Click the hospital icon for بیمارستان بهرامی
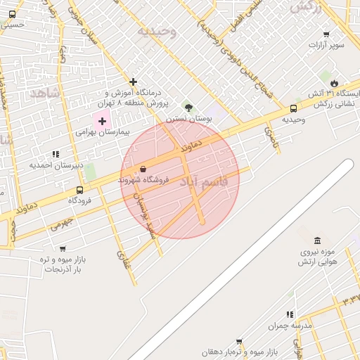102,121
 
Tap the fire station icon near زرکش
343,82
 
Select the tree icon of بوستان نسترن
188,108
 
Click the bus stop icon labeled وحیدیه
293,108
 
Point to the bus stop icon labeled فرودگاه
79,189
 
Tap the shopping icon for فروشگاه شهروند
143,169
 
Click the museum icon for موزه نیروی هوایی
317,241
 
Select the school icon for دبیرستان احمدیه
56,154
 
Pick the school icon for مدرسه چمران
289,314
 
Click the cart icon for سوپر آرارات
326,34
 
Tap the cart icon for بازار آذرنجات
63,248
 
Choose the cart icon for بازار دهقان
239,341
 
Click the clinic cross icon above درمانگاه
133,82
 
